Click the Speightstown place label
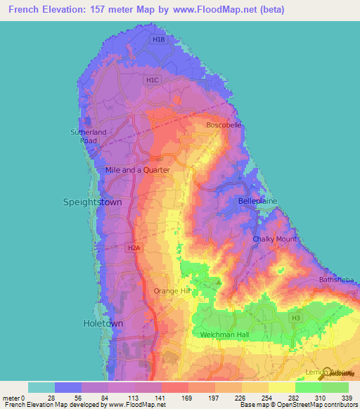tap(93, 202)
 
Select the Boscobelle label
tap(224, 125)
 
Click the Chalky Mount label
tap(274, 240)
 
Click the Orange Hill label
tap(172, 290)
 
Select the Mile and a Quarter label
tap(137, 170)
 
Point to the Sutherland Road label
tap(88, 136)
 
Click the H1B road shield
tap(158, 40)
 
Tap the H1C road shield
tap(153, 81)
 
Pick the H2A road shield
tap(134, 247)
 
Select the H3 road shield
tap(297, 318)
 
